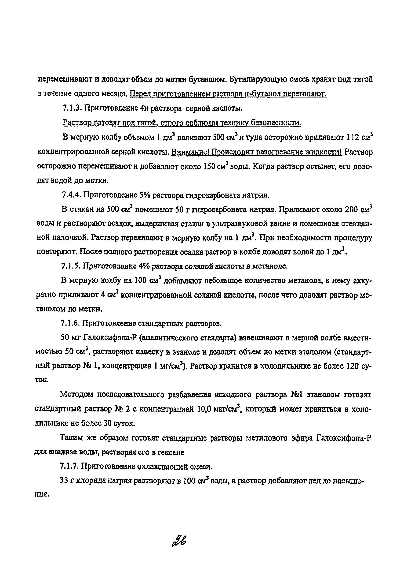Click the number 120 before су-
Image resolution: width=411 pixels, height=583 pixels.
[353, 366]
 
